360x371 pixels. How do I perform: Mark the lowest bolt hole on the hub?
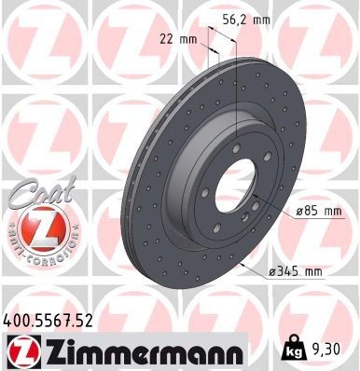pos(216,227)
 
